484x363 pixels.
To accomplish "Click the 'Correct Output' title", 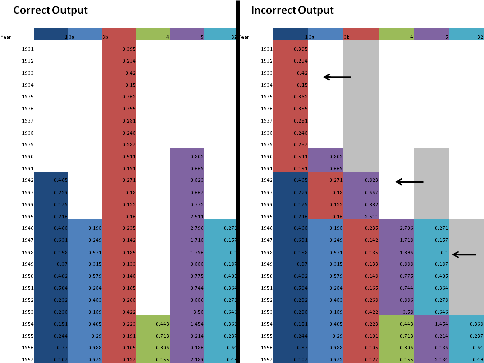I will tap(50, 10).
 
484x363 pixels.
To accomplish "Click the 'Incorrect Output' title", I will tap(292, 10).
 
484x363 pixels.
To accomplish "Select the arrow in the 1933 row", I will tap(337, 77).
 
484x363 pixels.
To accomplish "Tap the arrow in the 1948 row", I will tap(464, 255).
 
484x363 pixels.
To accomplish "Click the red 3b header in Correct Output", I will tap(119, 34).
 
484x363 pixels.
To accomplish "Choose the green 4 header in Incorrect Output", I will tap(396, 34).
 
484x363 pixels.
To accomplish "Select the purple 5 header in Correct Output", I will tap(187, 34).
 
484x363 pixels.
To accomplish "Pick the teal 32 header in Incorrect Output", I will tap(466, 34).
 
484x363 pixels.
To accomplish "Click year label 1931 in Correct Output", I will tap(28, 49).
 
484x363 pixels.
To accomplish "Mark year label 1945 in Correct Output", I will tap(28, 216).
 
